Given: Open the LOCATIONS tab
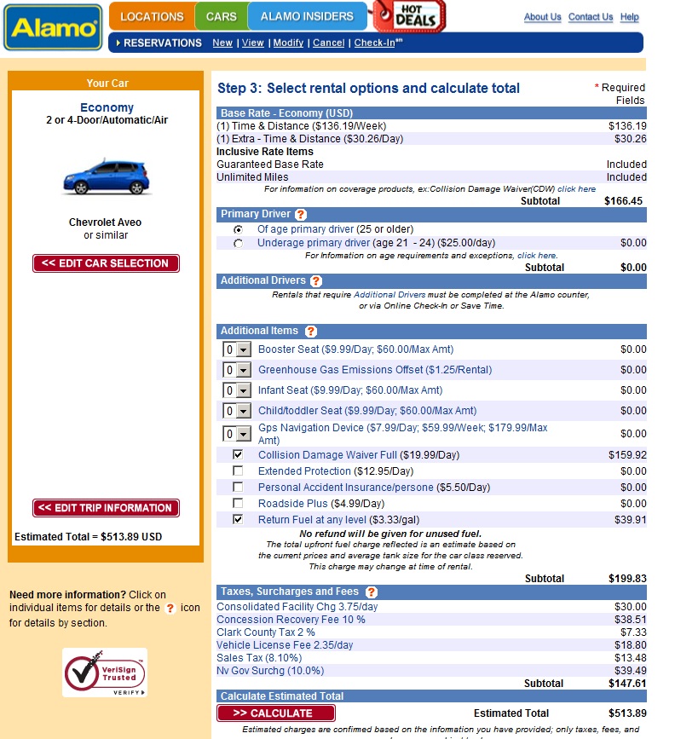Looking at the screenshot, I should pyautogui.click(x=152, y=16).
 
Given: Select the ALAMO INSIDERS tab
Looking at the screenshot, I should pyautogui.click(x=307, y=16).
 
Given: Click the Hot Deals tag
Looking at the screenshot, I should pyautogui.click(x=411, y=15).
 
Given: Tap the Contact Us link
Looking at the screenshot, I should pyautogui.click(x=590, y=17).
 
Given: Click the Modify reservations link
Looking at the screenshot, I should pyautogui.click(x=288, y=43).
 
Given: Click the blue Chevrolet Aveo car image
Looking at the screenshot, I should pyautogui.click(x=107, y=176).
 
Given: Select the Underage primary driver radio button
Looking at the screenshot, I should pyautogui.click(x=238, y=244).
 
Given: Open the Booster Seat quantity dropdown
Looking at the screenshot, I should pyautogui.click(x=243, y=349).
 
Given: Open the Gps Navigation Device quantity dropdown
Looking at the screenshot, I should pyautogui.click(x=243, y=434).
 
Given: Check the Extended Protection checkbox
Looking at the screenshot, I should pyautogui.click(x=238, y=471).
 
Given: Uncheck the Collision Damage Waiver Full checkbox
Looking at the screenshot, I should pyautogui.click(x=238, y=455).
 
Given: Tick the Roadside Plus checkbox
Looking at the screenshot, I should pyautogui.click(x=238, y=504).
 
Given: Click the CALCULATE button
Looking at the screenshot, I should pyautogui.click(x=275, y=713).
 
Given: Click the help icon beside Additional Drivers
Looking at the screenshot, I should pyautogui.click(x=316, y=281).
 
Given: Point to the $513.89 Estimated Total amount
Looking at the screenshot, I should pyautogui.click(x=626, y=713).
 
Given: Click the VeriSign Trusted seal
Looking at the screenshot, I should pyautogui.click(x=105, y=673).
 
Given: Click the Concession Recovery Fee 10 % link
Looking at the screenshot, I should pyautogui.click(x=291, y=620).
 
